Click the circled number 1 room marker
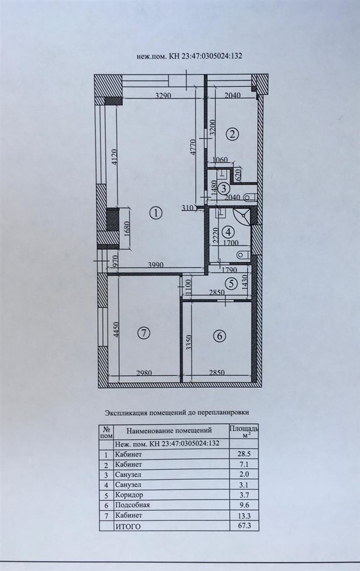(156, 213)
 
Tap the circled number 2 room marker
(232, 134)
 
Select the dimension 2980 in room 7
(144, 373)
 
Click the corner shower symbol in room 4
(241, 216)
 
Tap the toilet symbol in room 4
(243, 254)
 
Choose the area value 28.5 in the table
(244, 454)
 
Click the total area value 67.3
(244, 525)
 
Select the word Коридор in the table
(129, 495)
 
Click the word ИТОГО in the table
(128, 526)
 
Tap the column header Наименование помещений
(169, 430)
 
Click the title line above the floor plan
(189, 56)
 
